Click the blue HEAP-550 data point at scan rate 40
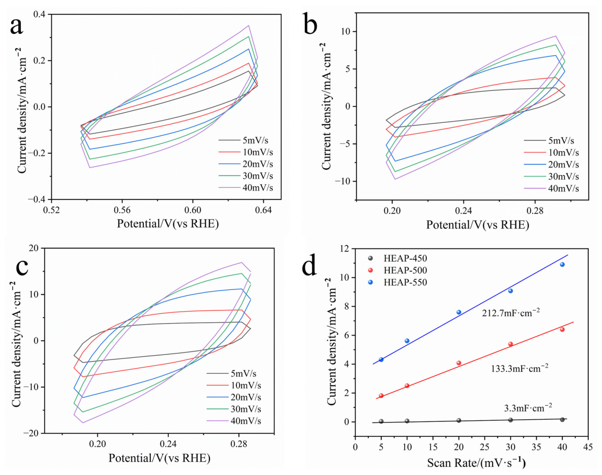click(x=562, y=264)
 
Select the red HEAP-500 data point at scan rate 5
click(x=381, y=395)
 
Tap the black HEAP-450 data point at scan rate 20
click(x=459, y=420)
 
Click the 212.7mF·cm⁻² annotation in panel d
click(x=511, y=313)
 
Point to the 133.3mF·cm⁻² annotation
click(x=520, y=368)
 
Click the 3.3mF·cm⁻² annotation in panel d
click(x=528, y=408)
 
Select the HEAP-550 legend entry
click(x=397, y=282)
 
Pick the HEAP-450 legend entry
click(x=397, y=258)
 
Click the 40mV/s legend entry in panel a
click(x=246, y=187)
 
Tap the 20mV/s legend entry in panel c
click(x=234, y=397)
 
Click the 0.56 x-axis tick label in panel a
click(x=122, y=210)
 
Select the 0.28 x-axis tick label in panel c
click(x=239, y=445)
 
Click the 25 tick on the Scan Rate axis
click(x=485, y=446)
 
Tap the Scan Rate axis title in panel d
click(x=476, y=463)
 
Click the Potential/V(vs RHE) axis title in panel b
click(x=477, y=225)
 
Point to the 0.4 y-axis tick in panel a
click(x=40, y=14)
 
